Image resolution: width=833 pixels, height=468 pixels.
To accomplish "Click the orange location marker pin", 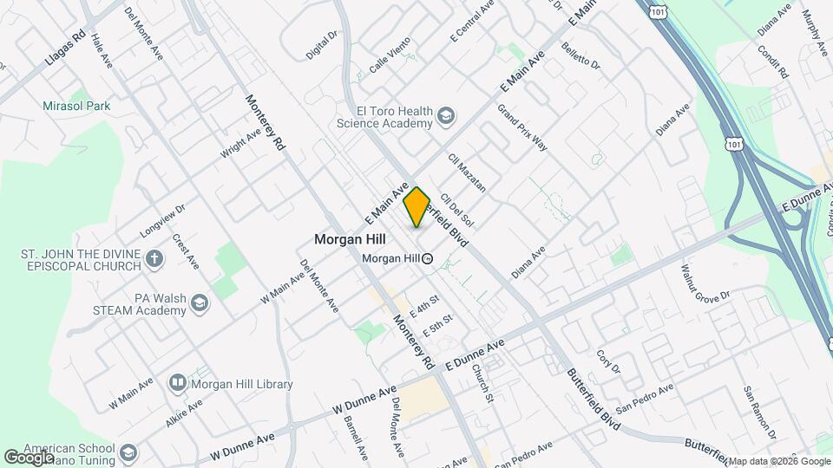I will tap(416, 206).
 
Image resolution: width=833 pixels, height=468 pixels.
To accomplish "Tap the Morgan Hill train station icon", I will tap(428, 258).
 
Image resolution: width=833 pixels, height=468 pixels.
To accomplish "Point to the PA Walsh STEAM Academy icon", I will tap(200, 302).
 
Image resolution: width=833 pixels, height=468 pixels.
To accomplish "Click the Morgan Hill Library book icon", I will tap(177, 382).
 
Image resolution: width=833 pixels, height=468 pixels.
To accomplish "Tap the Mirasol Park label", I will tap(76, 107).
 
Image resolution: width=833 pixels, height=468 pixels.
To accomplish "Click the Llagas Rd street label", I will tap(65, 53).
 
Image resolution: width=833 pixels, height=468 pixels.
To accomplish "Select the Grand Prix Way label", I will tap(521, 128).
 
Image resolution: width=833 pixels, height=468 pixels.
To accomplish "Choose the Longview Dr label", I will tap(163, 221).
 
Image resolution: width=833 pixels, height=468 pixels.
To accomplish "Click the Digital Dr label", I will tap(321, 46).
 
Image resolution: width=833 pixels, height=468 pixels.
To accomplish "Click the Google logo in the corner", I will tap(29, 457).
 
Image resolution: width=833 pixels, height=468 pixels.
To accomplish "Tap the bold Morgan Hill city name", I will tap(350, 237).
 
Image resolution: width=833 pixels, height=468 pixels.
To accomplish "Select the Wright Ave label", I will tap(240, 143).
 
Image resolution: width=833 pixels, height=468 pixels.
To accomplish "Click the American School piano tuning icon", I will tap(128, 452).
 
